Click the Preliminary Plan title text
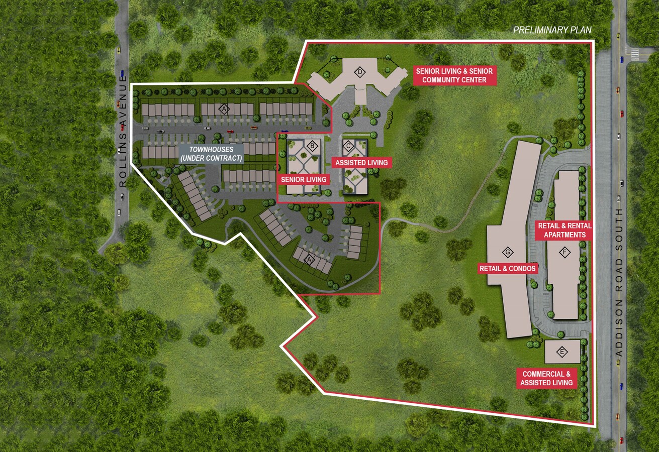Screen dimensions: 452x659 (x=552, y=30)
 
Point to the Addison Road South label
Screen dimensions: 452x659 (x=619, y=282)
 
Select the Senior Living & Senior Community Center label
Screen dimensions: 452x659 (x=454, y=75)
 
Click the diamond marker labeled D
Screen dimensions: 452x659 (x=360, y=72)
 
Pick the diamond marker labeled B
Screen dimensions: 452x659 (x=313, y=146)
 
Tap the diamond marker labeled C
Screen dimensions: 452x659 (x=347, y=146)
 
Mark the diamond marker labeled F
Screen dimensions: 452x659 (x=564, y=252)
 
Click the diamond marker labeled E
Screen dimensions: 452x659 (x=562, y=352)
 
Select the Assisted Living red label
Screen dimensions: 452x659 (x=361, y=163)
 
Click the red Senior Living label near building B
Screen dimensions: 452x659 (x=304, y=179)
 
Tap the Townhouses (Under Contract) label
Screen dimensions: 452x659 (x=212, y=154)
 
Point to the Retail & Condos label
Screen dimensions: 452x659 (x=508, y=269)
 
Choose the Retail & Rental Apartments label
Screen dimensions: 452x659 (x=564, y=230)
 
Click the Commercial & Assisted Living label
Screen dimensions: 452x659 (x=546, y=378)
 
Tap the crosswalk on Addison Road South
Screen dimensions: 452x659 (x=634, y=52)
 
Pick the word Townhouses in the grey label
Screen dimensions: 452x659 (x=212, y=150)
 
